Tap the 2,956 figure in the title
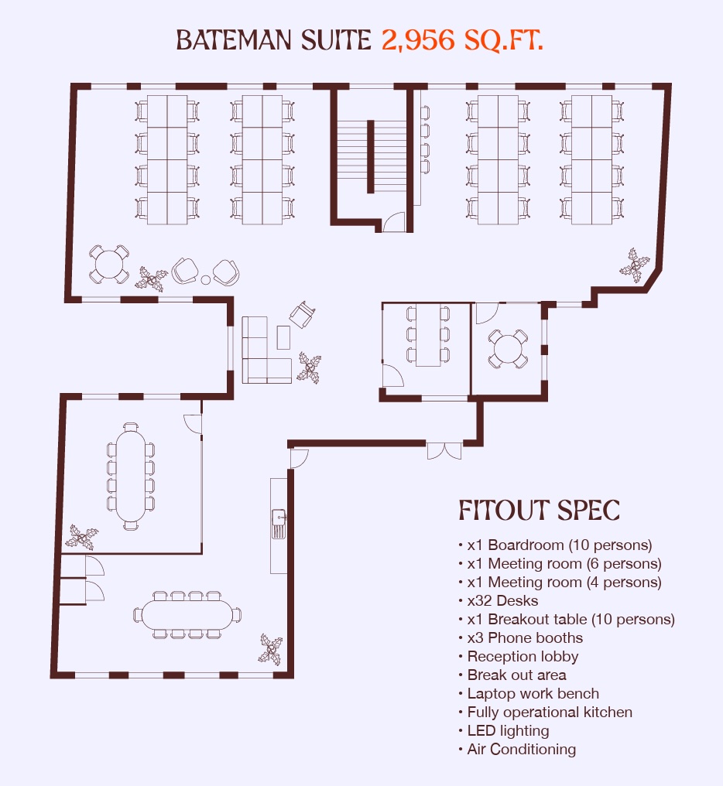(418, 40)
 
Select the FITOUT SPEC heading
(540, 511)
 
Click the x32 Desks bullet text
(502, 600)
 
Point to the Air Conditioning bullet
(521, 749)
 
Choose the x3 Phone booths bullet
(525, 637)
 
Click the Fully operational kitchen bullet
(550, 712)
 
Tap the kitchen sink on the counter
(279, 524)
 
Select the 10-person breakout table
(187, 614)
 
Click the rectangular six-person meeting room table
(428, 335)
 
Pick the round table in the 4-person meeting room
(508, 348)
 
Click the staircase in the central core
(371, 156)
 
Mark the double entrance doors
(444, 450)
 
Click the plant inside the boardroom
(81, 538)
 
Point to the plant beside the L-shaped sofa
(309, 367)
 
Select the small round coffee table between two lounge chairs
(206, 280)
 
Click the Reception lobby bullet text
(523, 656)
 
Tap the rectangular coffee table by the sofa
(283, 337)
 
